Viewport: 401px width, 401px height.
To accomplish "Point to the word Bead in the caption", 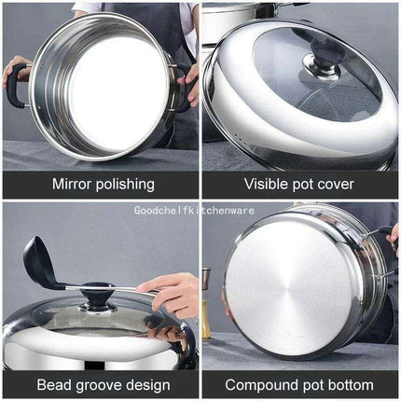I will (x=53, y=384).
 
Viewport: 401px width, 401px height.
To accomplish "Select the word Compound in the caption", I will (x=260, y=384).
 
